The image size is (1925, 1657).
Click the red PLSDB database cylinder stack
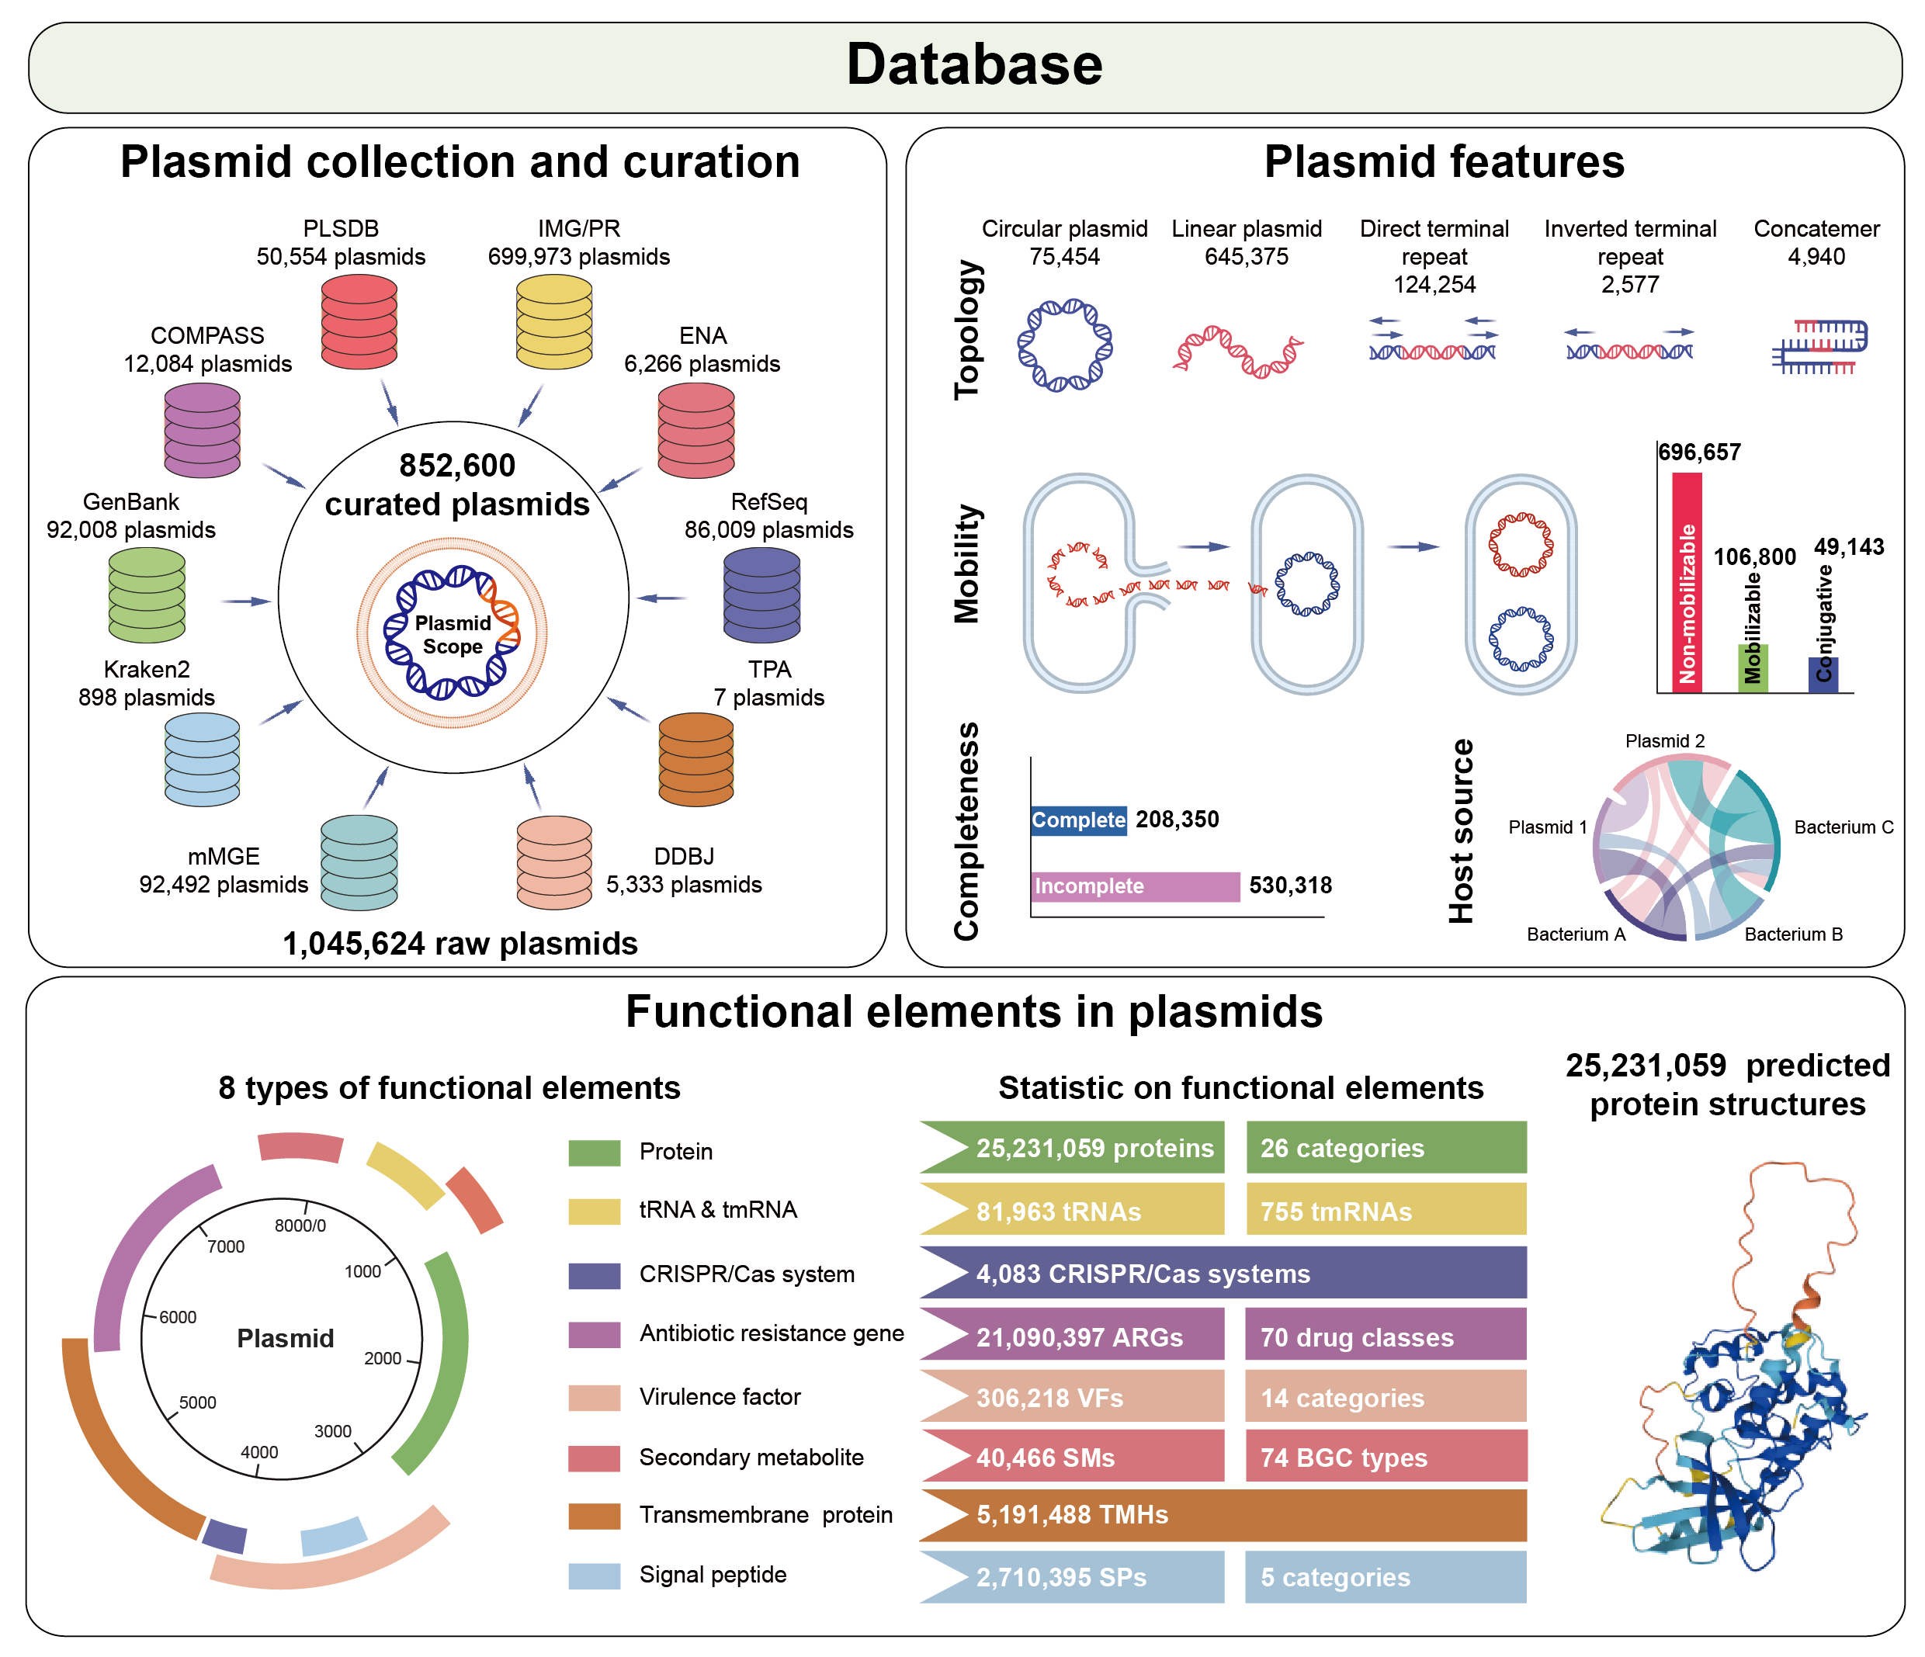click(x=359, y=321)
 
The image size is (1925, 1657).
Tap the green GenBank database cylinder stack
click(x=147, y=595)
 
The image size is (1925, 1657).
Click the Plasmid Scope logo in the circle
click(x=453, y=633)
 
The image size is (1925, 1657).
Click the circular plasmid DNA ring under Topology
click(x=1065, y=345)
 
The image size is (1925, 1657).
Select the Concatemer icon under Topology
click(x=1818, y=346)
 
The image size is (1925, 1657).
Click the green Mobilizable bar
click(x=1752, y=667)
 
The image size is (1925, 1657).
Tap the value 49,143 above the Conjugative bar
click(x=1849, y=547)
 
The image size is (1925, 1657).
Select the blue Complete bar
click(x=1079, y=820)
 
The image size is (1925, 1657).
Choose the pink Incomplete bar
click(x=1136, y=886)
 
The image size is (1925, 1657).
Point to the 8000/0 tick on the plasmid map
click(x=301, y=1225)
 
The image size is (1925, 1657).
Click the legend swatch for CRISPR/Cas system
click(x=595, y=1275)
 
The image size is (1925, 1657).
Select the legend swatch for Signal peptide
click(x=595, y=1576)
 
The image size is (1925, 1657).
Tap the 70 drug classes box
click(x=1386, y=1336)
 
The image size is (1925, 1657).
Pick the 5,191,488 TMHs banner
click(x=1223, y=1515)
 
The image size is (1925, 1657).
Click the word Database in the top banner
click(x=973, y=65)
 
